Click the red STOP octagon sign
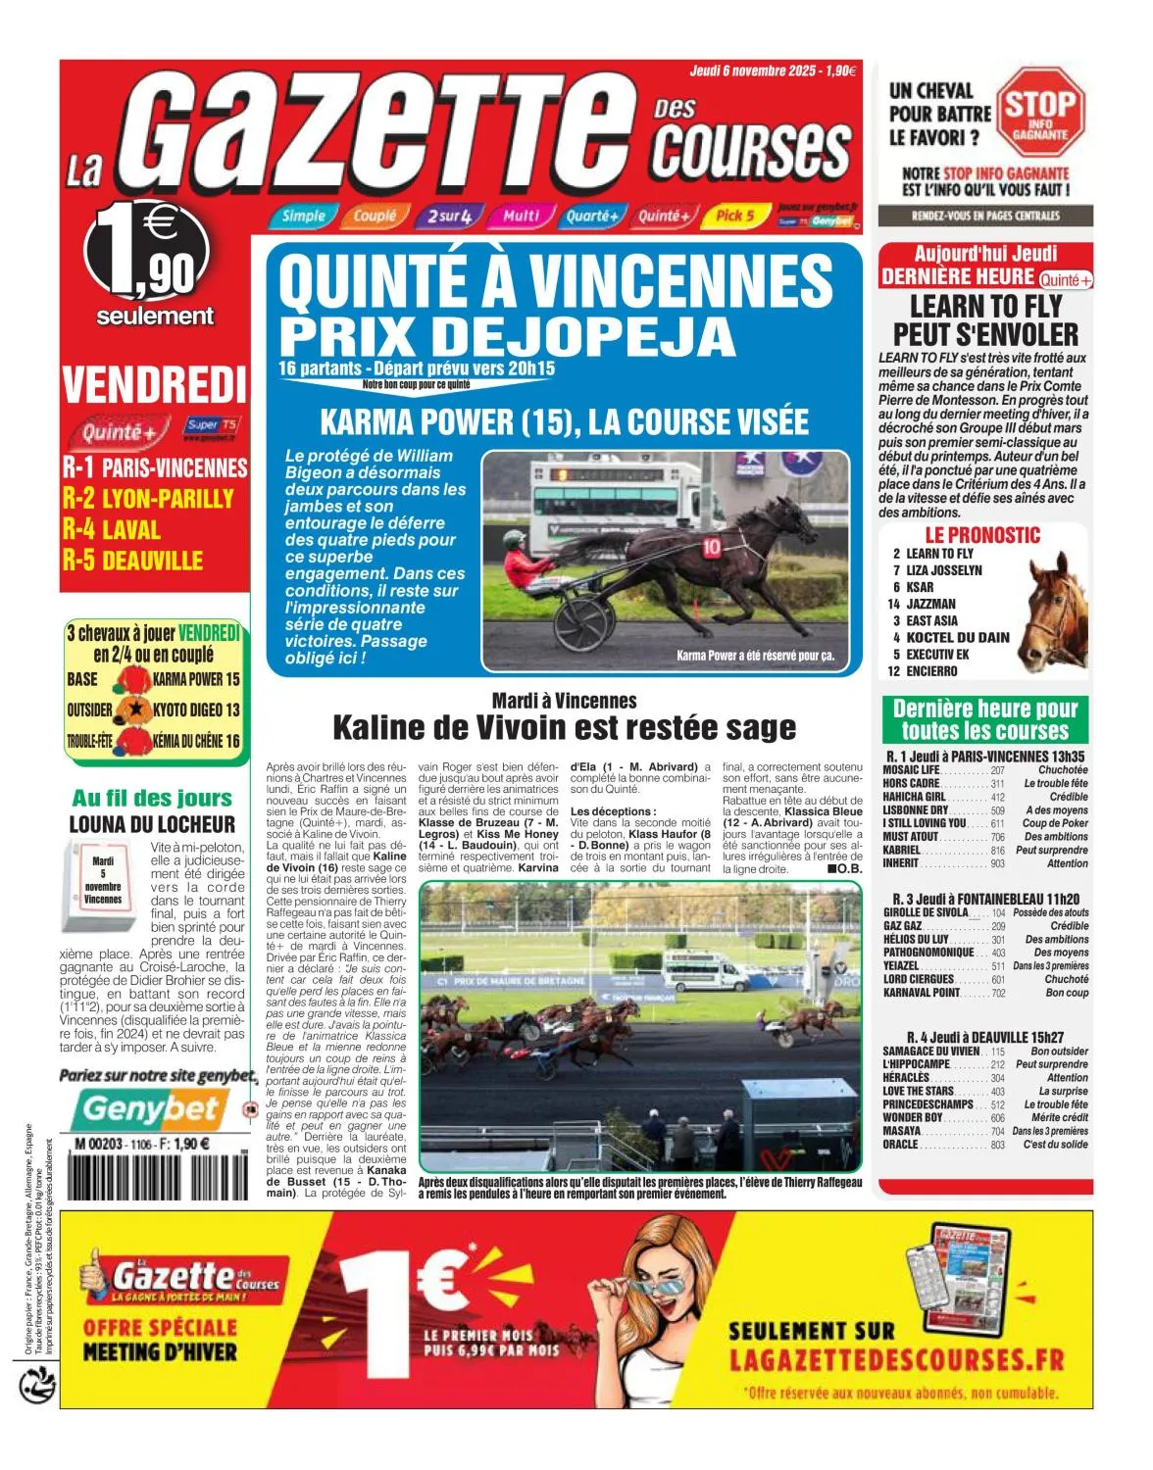pos(1040,112)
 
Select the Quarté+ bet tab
pos(592,216)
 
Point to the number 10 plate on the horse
pos(712,547)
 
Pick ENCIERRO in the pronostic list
pos(931,671)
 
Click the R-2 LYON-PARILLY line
pos(149,499)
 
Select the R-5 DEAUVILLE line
pos(133,561)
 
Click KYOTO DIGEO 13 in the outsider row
pos(196,710)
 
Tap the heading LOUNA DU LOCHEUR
pos(152,825)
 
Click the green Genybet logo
pos(149,1109)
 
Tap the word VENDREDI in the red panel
pos(154,384)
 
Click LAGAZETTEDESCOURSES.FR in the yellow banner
pos(896,1360)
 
